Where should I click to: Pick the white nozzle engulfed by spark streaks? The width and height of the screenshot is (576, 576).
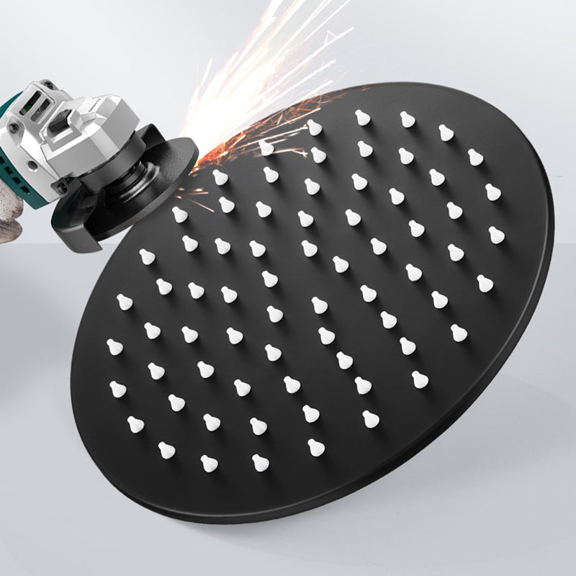tap(266, 148)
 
